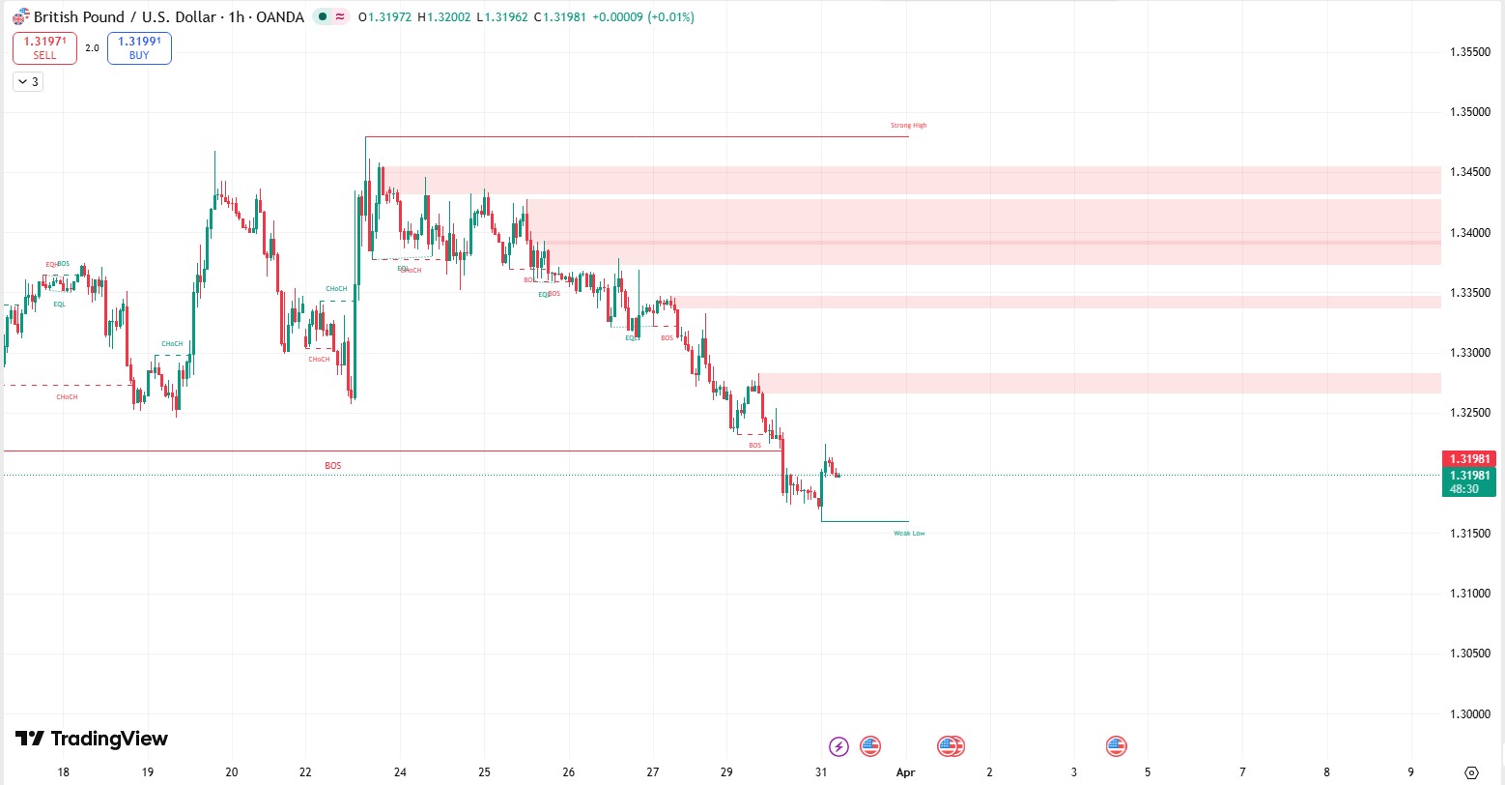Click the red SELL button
(44, 48)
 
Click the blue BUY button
(139, 48)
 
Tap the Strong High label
(908, 126)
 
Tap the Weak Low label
(909, 534)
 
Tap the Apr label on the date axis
(905, 772)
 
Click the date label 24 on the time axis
(400, 772)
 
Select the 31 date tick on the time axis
(821, 772)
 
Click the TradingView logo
(92, 740)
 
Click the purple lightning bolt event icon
(839, 746)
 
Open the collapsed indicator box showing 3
(27, 82)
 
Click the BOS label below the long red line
(332, 466)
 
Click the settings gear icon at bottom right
(1471, 772)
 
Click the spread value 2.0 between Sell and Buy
(92, 48)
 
